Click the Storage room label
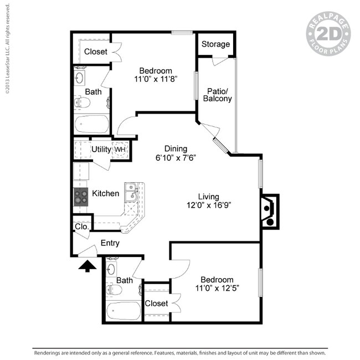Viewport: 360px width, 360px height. click(x=215, y=44)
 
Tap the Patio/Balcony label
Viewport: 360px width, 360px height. click(x=219, y=95)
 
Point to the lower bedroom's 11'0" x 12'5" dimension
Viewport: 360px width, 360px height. click(x=217, y=288)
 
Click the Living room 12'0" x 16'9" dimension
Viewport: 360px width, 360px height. click(x=208, y=205)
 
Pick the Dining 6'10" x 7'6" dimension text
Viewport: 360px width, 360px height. click(x=175, y=157)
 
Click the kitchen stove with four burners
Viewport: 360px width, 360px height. click(x=81, y=197)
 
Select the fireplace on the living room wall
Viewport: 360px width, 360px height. click(x=269, y=210)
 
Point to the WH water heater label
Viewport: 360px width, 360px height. click(x=120, y=150)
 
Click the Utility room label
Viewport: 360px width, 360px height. click(x=101, y=150)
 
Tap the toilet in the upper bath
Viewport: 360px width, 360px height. click(x=83, y=102)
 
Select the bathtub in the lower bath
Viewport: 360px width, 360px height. click(x=124, y=311)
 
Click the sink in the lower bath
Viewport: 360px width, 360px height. click(x=111, y=270)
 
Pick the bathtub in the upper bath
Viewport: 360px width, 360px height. click(x=92, y=124)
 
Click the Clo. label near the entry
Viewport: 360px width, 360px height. click(x=81, y=227)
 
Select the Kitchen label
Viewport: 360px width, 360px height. click(x=105, y=193)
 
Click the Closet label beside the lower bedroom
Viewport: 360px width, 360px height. click(x=156, y=303)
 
